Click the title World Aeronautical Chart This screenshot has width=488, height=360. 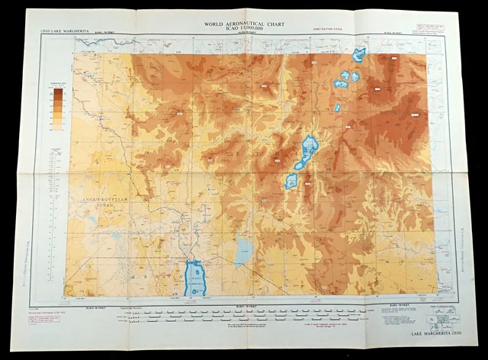point(244,24)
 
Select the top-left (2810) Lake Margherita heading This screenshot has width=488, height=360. point(58,31)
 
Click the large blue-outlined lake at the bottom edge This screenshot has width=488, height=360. point(195,279)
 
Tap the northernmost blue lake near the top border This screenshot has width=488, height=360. point(358,54)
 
